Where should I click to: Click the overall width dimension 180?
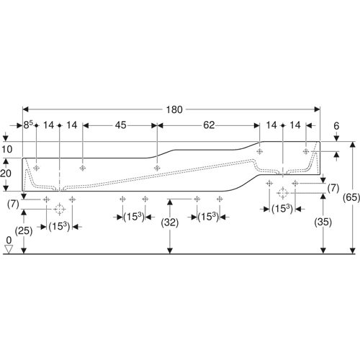coord(174,109)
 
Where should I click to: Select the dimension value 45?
coord(120,125)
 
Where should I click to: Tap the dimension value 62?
coord(209,125)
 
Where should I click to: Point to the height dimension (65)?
coord(351,197)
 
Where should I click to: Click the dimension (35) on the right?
coord(323,222)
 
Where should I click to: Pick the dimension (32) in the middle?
coord(170,222)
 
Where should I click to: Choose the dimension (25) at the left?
coord(24,231)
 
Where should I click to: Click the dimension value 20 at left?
coord(6,173)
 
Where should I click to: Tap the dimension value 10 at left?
coord(7,149)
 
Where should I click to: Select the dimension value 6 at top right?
coord(336,126)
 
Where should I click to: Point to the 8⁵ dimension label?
coord(28,125)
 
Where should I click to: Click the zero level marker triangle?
coord(9,249)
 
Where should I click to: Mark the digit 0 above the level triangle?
coord(9,240)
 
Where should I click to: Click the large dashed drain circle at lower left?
coord(59,209)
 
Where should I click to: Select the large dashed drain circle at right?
coord(282,193)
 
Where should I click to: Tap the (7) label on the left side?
coord(13,204)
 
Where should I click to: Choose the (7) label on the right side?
coord(333,188)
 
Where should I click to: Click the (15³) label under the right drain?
coord(282,209)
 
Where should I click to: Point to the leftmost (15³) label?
coord(59,226)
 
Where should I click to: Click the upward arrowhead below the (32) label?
coord(170,202)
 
